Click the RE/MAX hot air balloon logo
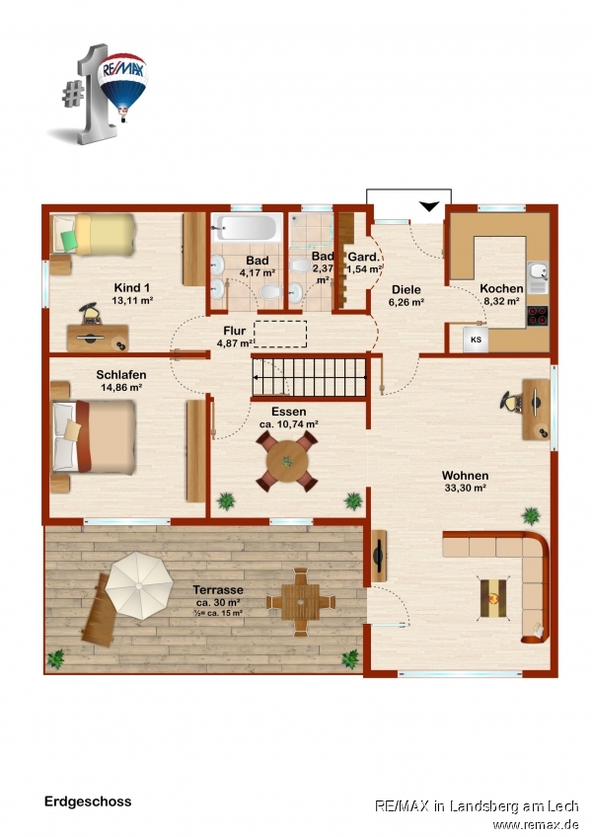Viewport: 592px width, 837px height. [122, 86]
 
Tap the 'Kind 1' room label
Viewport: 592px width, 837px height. [132, 288]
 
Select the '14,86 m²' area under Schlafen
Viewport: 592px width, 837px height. [121, 388]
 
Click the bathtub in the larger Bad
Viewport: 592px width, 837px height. [247, 227]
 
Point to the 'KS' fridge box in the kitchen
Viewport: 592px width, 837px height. [476, 340]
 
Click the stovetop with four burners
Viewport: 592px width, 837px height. [538, 316]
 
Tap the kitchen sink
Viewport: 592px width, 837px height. [538, 276]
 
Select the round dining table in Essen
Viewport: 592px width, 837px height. [287, 461]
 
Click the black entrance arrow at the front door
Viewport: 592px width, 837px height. [429, 206]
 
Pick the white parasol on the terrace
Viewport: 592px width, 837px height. [139, 585]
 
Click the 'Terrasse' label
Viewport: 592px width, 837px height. [218, 590]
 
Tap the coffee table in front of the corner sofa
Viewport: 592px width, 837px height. [493, 598]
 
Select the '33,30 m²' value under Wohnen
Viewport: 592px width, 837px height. [465, 488]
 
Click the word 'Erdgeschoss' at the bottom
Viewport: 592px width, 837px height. [88, 801]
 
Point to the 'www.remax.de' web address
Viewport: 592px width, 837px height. [536, 824]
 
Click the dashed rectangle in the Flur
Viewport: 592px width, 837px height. [280, 335]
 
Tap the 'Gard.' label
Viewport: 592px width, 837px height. [363, 258]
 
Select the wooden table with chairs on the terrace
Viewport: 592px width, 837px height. [301, 602]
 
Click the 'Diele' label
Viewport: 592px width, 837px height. [407, 290]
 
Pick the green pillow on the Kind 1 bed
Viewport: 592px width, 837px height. [69, 240]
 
